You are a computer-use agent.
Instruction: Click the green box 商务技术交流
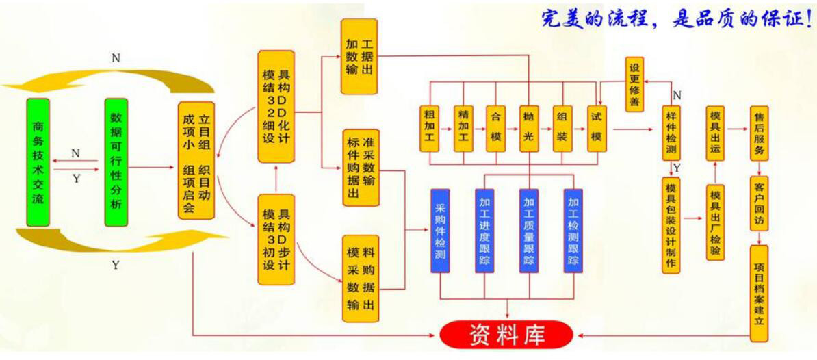[x=38, y=162]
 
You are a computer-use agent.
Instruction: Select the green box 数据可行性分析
[x=116, y=162]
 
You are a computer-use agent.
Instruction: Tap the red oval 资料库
[x=506, y=334]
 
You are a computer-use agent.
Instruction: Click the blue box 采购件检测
[x=441, y=230]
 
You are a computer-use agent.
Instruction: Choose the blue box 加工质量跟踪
[x=529, y=230]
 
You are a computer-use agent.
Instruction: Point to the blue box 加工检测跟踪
[x=573, y=230]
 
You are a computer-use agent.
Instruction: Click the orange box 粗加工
[x=430, y=128]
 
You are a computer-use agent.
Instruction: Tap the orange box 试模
[x=597, y=128]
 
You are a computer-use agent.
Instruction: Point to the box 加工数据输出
[x=359, y=57]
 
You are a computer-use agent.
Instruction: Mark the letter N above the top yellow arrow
[x=116, y=58]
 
